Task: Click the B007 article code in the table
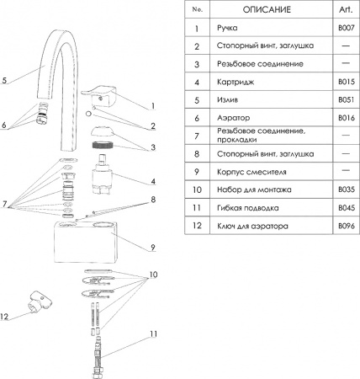(x=345, y=28)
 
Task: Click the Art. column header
(x=344, y=9)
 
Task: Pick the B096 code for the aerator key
(x=345, y=226)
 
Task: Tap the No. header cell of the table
(x=197, y=9)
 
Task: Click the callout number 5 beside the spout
(x=5, y=81)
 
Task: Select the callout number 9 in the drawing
(x=154, y=247)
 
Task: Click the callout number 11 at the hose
(x=154, y=334)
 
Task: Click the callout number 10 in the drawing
(x=154, y=275)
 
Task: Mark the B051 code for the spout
(x=345, y=100)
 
